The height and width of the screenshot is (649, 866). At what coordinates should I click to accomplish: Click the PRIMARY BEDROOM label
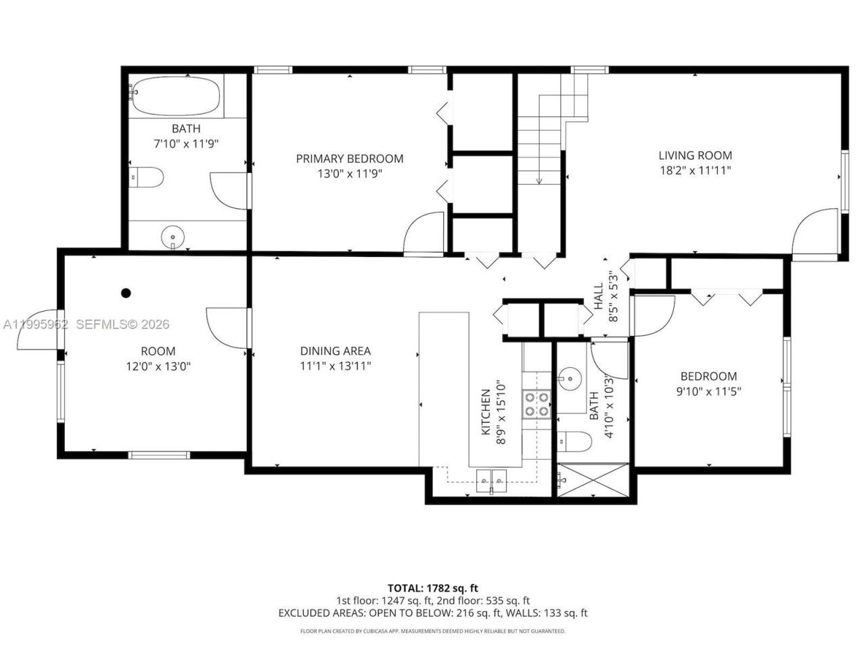349,158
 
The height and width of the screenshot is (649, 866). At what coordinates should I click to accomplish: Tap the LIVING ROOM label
695,155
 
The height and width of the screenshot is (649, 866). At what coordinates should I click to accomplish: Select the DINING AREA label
335,351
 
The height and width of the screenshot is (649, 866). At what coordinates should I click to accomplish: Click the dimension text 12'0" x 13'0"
158,366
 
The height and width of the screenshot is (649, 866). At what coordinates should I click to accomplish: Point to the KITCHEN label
485,412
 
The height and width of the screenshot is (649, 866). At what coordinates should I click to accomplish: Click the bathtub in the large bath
176,95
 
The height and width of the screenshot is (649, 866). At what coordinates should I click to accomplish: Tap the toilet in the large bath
147,178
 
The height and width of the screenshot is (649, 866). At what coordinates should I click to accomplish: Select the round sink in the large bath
173,237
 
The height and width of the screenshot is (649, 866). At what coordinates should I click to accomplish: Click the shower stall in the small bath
593,480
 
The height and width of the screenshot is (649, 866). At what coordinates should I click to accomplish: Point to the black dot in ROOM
125,293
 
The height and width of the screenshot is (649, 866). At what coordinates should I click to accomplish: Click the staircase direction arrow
539,179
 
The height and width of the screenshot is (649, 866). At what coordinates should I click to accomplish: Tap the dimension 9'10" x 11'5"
708,391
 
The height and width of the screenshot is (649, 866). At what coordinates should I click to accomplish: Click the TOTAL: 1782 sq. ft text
432,587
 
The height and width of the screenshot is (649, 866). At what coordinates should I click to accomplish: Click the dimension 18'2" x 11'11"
695,171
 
